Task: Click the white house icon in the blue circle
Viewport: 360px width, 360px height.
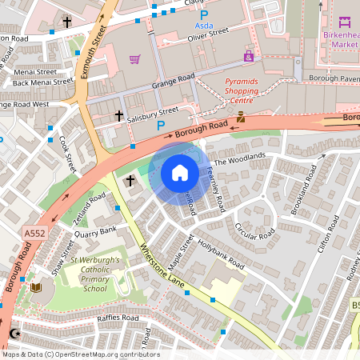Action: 180,172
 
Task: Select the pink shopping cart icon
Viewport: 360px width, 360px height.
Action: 134,59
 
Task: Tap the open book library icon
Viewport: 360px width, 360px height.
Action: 34,287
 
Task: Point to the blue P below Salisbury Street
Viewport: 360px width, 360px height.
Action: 161,126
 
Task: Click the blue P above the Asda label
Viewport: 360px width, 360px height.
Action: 203,14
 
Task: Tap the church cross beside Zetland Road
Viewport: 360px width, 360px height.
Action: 130,181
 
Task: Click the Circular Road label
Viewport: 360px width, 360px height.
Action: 254,230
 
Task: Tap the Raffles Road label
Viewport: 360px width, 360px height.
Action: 118,318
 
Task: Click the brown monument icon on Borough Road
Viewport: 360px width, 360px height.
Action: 239,117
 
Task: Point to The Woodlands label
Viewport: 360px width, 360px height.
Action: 238,158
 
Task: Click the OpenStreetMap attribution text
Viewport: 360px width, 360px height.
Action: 80,354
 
